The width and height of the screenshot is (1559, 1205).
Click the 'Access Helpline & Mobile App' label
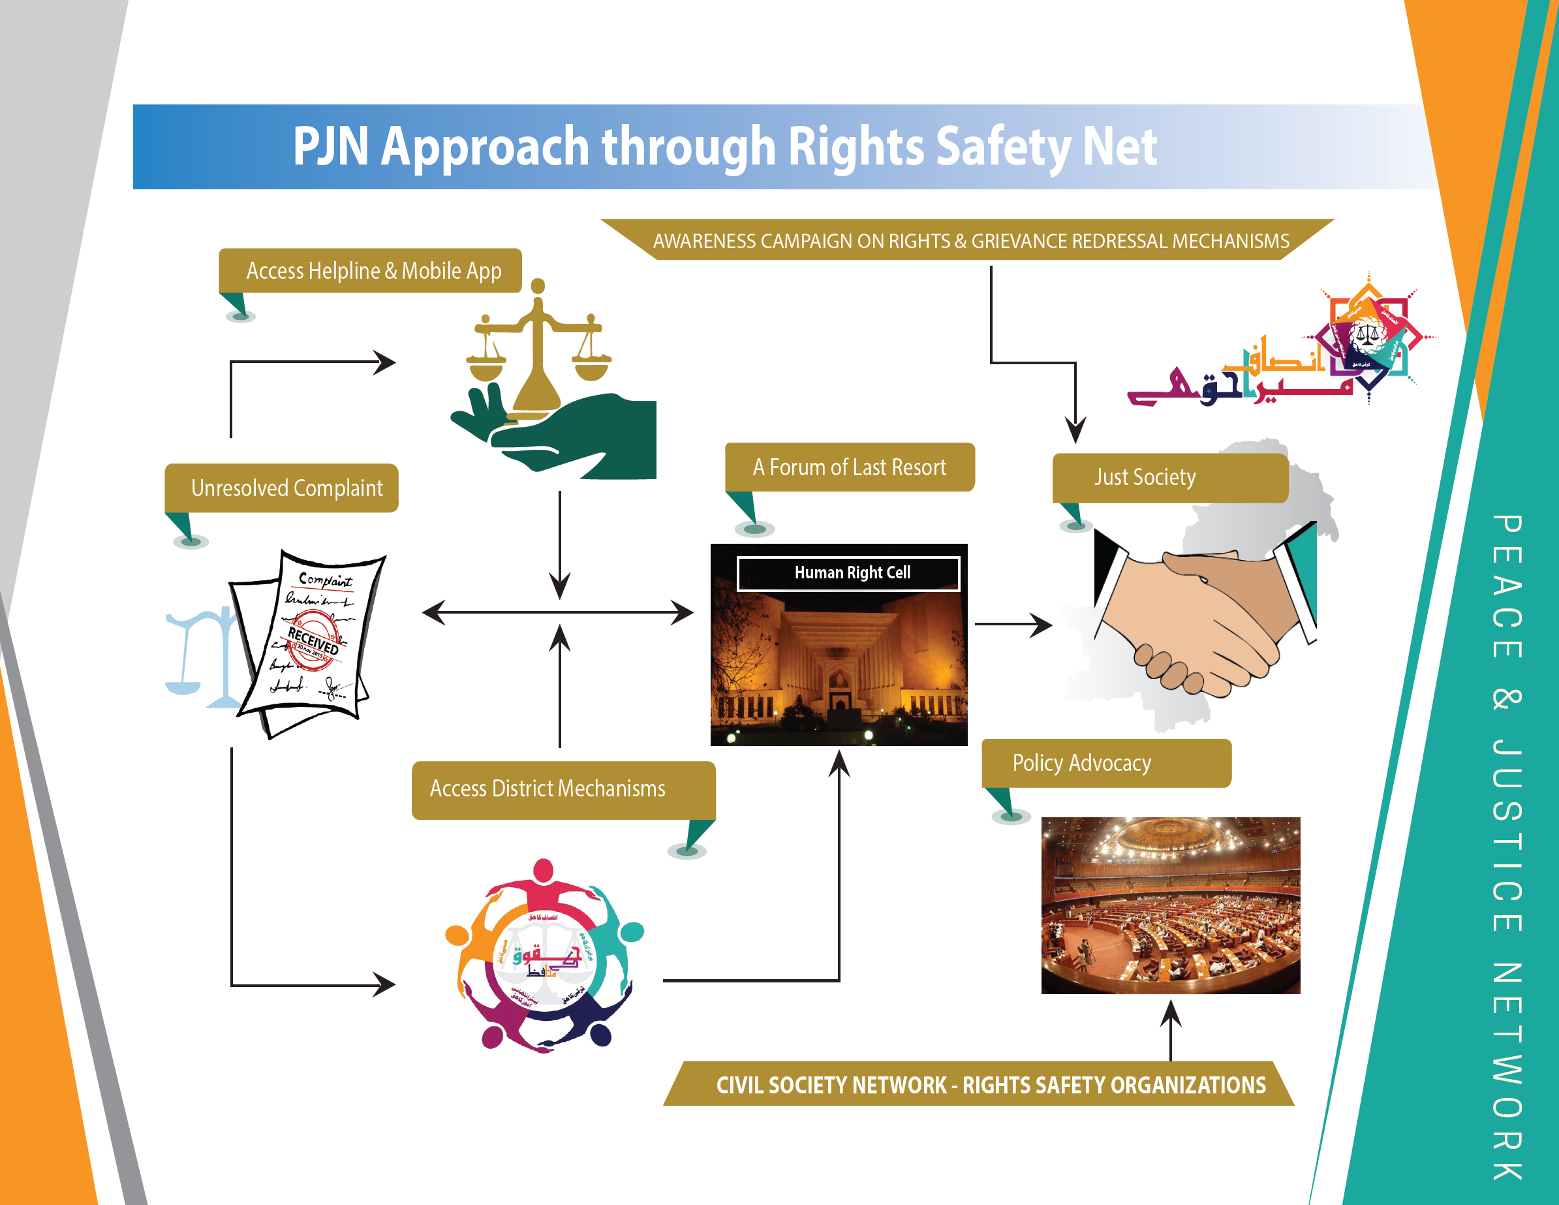coord(373,272)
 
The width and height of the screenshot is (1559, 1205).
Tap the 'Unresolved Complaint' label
coord(286,488)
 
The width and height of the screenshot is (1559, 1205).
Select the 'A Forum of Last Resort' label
coord(849,467)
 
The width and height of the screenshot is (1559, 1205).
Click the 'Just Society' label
coord(1145,477)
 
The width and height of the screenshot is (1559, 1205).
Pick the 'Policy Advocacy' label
coord(1081,763)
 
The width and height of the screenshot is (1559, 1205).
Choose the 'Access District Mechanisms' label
coord(548,789)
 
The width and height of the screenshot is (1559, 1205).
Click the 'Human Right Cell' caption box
coord(852,572)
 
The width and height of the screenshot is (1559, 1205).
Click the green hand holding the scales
coord(571,435)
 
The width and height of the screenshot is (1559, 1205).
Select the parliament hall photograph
coord(1171,905)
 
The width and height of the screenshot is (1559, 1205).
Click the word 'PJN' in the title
coord(330,146)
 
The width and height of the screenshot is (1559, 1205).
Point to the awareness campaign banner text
coord(971,242)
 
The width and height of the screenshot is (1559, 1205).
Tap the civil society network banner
coord(991,1085)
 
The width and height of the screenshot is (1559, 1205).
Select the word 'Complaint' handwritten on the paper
coord(326,580)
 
